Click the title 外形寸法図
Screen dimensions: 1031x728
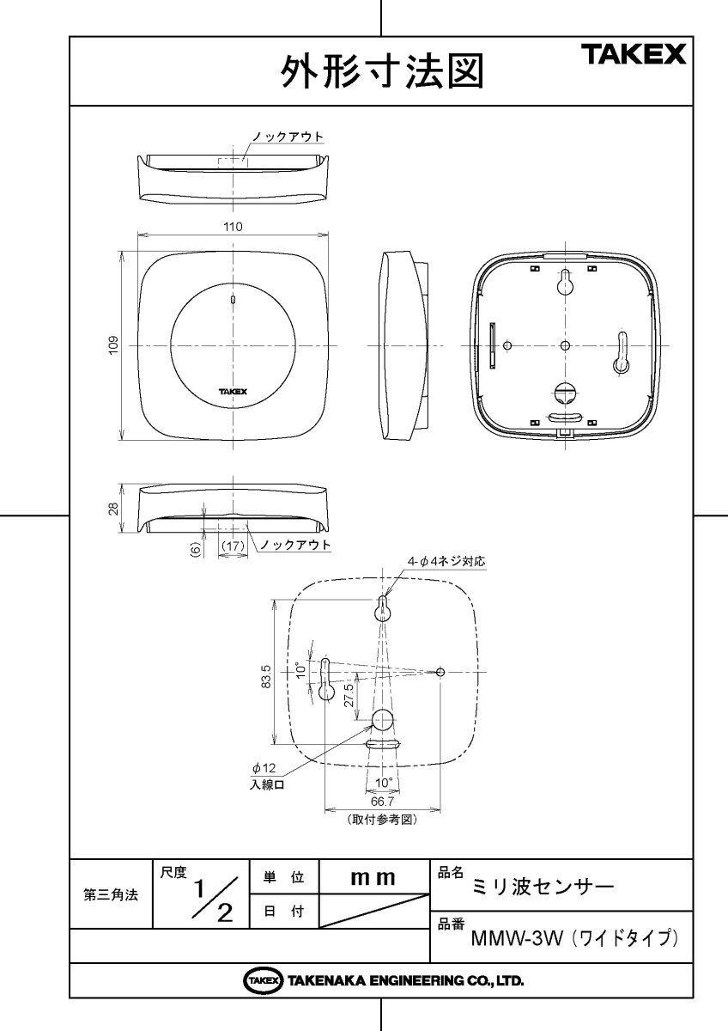[x=381, y=72]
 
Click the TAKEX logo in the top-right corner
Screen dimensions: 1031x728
[x=635, y=55]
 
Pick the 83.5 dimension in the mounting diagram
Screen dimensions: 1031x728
[x=266, y=677]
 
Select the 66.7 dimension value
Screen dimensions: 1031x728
[x=382, y=802]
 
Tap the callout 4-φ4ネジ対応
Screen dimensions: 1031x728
[x=446, y=561]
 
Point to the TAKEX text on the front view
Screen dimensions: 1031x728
[x=233, y=391]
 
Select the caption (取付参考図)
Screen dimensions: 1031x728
[x=382, y=820]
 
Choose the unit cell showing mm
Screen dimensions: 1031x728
[x=373, y=878]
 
